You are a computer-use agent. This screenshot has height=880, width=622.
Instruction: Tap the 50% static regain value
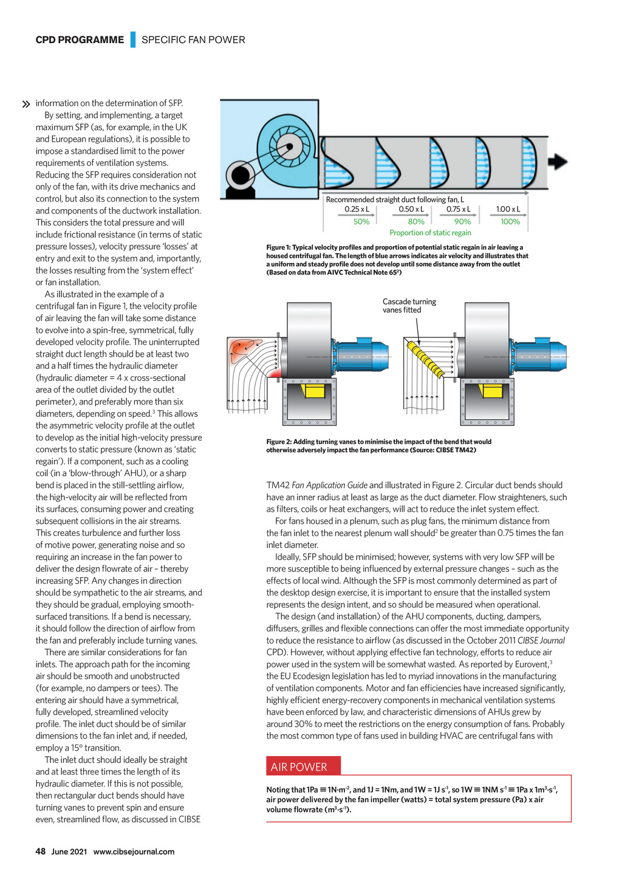361,222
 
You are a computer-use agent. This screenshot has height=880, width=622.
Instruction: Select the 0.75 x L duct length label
459,209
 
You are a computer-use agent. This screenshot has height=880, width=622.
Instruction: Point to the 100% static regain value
510,222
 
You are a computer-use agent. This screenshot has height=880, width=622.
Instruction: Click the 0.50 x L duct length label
411,209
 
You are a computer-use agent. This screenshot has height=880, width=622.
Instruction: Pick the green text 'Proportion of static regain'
430,233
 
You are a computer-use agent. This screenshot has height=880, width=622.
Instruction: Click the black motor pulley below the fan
241,176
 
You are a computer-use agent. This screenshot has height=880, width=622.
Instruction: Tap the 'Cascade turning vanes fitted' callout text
409,306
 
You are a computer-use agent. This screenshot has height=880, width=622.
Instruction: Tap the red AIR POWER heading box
303,766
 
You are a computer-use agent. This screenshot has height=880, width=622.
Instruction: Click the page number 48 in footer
41,851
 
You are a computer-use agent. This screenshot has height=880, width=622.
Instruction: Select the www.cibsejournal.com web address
134,851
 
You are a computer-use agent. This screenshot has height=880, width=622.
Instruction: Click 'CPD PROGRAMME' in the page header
80,40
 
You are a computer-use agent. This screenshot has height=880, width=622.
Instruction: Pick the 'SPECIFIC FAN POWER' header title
193,40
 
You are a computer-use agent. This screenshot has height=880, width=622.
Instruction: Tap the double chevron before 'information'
26,105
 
